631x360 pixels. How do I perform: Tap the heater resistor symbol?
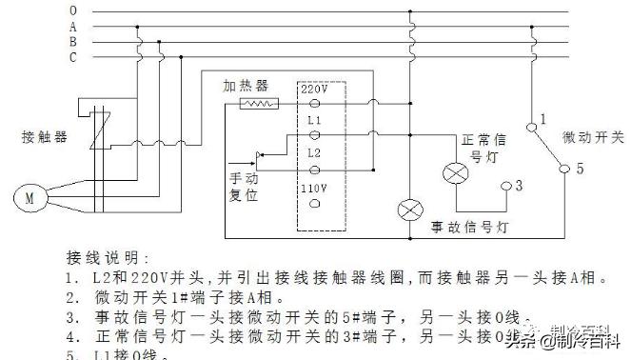(258, 103)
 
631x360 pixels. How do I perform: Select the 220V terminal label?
(315, 88)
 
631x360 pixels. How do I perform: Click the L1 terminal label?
(312, 122)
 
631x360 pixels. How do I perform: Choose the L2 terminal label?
(312, 152)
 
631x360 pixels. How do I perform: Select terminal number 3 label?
(519, 184)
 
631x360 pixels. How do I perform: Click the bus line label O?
(72, 10)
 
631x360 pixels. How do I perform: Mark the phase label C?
(72, 58)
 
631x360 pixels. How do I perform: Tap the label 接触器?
(44, 136)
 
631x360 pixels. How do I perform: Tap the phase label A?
(72, 27)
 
